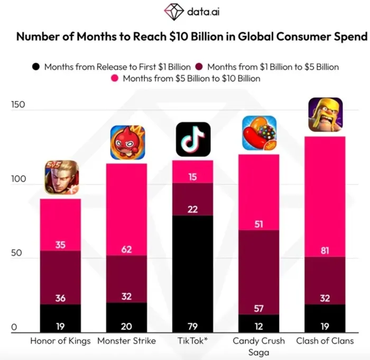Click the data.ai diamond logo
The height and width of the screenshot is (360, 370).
tap(174, 12)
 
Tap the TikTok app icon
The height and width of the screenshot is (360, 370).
tap(193, 139)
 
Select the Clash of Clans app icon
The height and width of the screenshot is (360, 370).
tap(326, 115)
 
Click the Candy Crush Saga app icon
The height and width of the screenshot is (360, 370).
tap(260, 133)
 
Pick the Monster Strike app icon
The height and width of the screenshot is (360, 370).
tap(128, 142)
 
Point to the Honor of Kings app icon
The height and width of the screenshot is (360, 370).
tap(62, 177)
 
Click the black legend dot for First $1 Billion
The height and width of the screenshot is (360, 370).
tap(36, 67)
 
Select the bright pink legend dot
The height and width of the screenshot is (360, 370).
tap(115, 78)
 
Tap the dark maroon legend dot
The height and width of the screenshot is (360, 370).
tap(199, 67)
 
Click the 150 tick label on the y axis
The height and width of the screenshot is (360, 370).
tap(18, 105)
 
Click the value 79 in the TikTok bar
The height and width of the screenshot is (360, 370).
tap(192, 327)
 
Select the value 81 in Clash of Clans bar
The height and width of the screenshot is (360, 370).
tap(325, 251)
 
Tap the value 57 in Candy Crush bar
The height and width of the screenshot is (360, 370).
tap(258, 308)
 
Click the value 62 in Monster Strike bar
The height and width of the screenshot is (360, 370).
tap(126, 250)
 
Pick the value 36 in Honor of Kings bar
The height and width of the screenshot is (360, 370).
tap(60, 298)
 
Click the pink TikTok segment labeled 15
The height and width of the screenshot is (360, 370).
tap(192, 172)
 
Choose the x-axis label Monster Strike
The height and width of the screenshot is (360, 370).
tap(127, 340)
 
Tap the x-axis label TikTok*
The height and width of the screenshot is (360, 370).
tap(192, 340)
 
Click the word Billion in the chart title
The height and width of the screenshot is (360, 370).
tap(207, 36)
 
